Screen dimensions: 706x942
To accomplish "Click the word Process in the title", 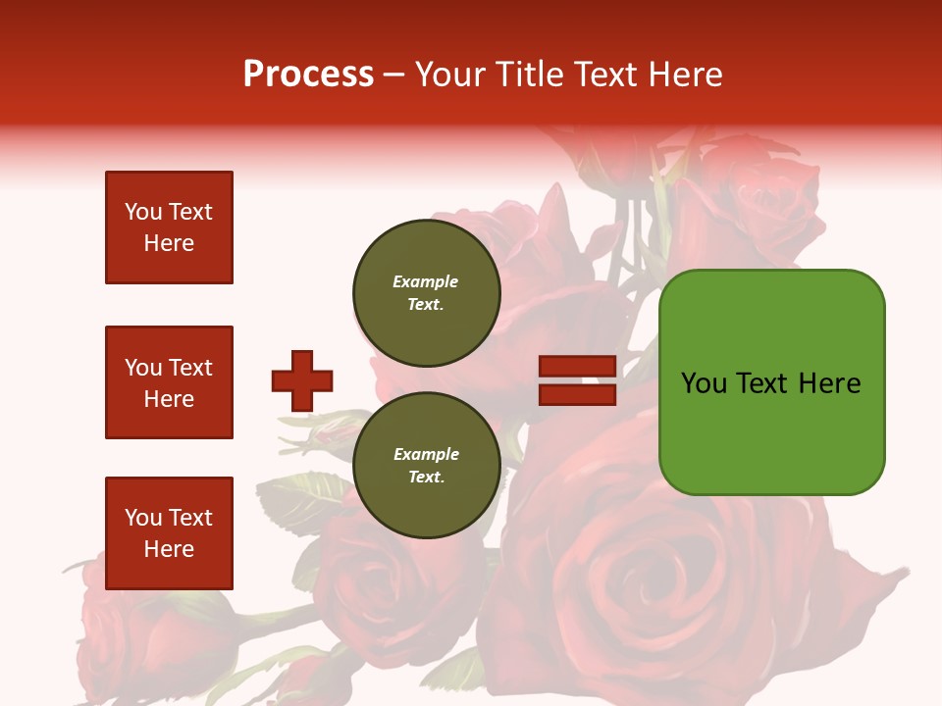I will point(308,75).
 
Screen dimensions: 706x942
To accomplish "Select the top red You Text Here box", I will point(169,227).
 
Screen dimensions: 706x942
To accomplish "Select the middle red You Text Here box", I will point(169,382).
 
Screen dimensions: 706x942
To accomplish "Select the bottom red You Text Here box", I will point(169,532).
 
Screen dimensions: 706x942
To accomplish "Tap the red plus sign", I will point(302,380).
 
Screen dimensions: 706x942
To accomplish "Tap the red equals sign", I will point(577,380).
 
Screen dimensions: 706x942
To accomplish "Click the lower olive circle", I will point(426,466).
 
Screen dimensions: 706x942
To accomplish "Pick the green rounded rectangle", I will point(771,381).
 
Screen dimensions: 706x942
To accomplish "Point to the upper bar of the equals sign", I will point(577,367).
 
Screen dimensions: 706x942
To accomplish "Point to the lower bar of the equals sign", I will point(577,394).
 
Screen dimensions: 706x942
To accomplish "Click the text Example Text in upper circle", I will point(426,293).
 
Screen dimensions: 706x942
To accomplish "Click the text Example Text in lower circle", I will point(426,466).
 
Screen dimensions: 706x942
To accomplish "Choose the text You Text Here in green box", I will point(771,383).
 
